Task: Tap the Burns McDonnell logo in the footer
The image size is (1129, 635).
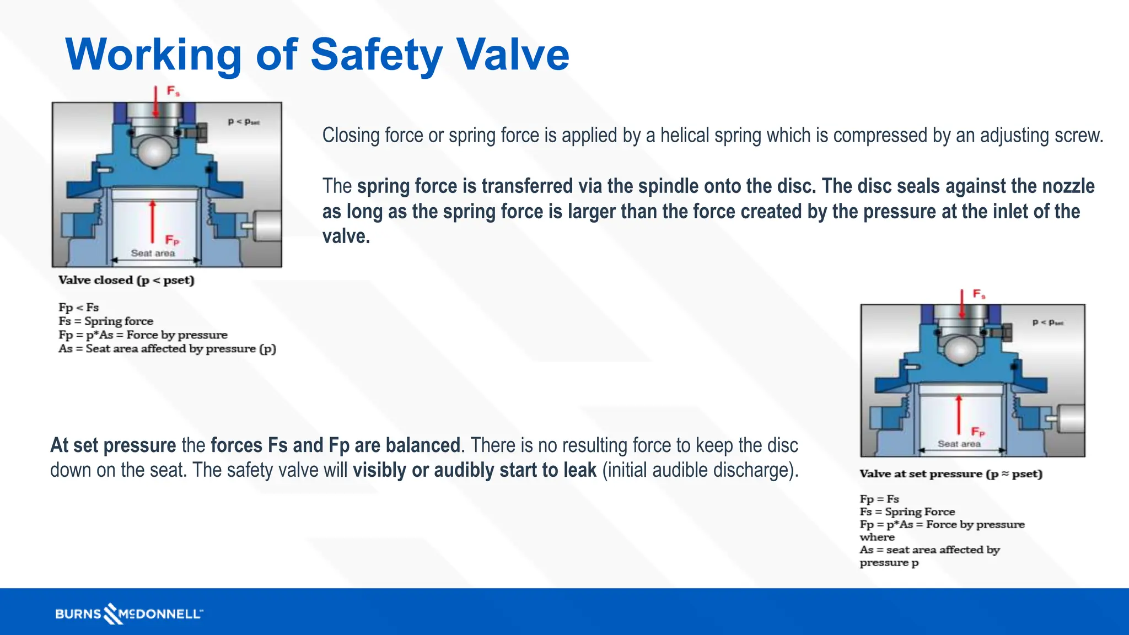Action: coord(129,614)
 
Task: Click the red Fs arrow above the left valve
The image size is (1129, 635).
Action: coord(156,102)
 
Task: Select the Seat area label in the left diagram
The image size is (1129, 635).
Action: coord(153,253)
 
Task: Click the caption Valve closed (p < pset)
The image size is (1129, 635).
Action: coord(126,280)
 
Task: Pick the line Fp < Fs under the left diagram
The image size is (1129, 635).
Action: coord(78,307)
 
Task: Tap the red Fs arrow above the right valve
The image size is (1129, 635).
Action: coord(962,304)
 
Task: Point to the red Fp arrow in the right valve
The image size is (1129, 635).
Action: coord(959,415)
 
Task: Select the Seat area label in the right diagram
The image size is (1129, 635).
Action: coord(959,444)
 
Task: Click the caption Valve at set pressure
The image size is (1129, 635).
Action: coord(951,474)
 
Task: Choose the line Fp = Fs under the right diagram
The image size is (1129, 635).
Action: coord(879,499)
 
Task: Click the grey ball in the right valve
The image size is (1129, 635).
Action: coord(961,349)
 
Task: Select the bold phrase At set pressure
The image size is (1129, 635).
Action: coord(113,445)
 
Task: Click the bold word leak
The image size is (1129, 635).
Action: coord(580,470)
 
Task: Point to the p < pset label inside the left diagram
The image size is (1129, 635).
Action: coord(244,122)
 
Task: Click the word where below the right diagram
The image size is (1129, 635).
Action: coord(877,537)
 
